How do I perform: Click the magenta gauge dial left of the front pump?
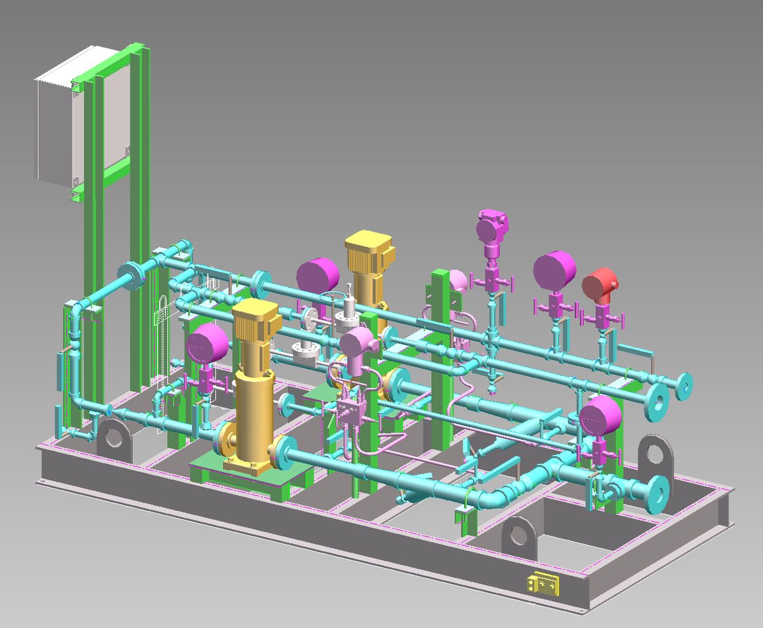pos(207,344)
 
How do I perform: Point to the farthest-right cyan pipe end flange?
pos(684,386)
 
